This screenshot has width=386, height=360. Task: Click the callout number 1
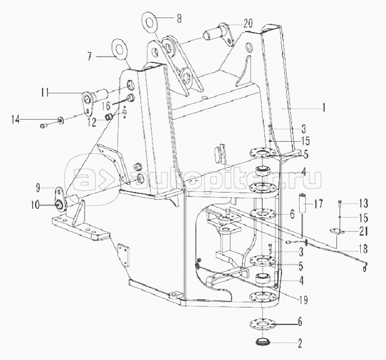tap(324, 107)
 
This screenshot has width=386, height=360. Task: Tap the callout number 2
tap(300, 344)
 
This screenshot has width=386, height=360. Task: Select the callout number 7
tap(89, 57)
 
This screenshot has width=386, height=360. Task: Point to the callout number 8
tap(179, 19)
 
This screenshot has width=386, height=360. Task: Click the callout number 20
tap(248, 23)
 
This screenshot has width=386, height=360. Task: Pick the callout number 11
tap(45, 93)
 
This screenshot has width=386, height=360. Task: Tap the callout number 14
tap(16, 120)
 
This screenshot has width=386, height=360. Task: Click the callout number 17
tap(318, 204)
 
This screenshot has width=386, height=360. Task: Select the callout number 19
tap(304, 300)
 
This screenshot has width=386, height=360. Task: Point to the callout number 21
tap(364, 232)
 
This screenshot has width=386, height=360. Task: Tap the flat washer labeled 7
tap(120, 49)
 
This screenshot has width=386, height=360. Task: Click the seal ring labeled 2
tap(263, 342)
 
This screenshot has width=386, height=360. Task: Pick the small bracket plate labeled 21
tap(337, 232)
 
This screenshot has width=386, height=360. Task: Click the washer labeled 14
tap(60, 121)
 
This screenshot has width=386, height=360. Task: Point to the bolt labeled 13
tap(339, 202)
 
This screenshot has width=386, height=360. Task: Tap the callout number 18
tap(364, 249)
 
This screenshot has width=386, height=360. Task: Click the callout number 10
tap(35, 205)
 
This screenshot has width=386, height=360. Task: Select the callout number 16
tap(106, 106)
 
